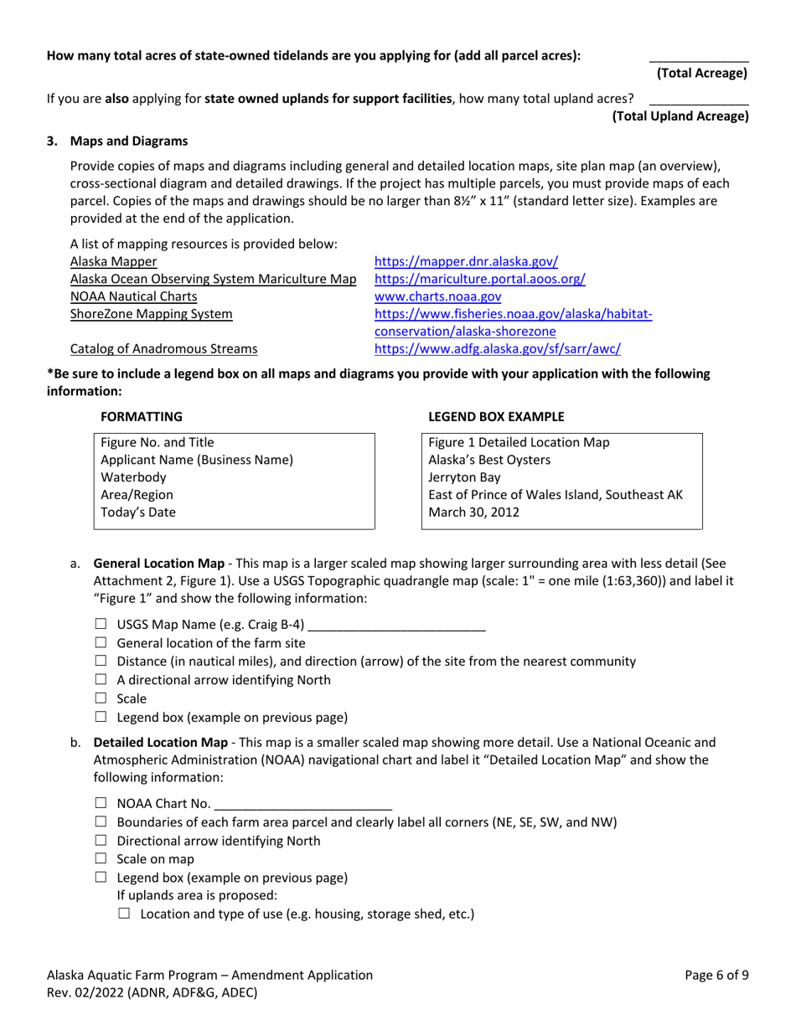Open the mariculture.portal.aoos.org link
(x=479, y=279)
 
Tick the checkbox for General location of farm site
(x=101, y=643)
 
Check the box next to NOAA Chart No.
(x=101, y=805)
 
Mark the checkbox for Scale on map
(x=101, y=859)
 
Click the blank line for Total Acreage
(x=699, y=59)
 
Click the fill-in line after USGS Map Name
(x=397, y=626)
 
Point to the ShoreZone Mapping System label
(x=152, y=314)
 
